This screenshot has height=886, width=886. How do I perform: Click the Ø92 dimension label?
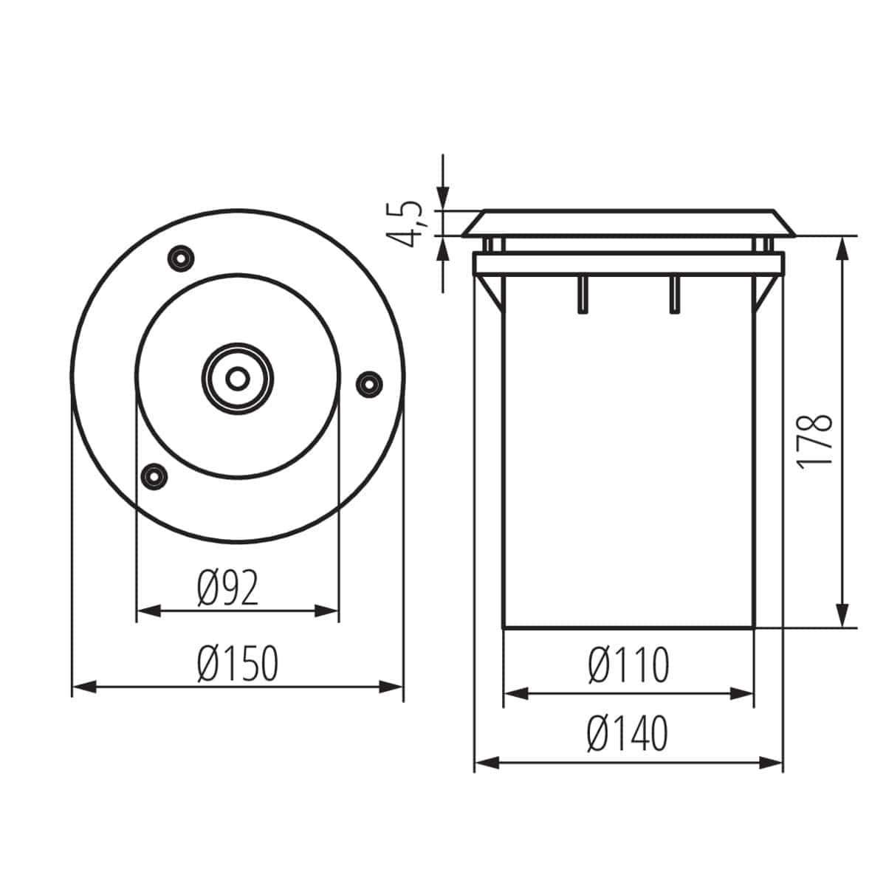[x=228, y=589]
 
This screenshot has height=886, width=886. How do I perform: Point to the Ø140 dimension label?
[x=628, y=733]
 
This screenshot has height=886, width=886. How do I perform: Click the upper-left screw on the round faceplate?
[x=180, y=258]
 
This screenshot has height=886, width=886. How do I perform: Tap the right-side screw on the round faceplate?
[x=368, y=382]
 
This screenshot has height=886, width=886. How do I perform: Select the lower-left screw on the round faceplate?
[x=154, y=475]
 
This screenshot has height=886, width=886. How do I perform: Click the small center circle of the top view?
[x=237, y=378]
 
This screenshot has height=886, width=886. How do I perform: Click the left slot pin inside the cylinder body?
[x=583, y=295]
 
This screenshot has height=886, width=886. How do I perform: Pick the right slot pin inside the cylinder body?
[x=673, y=295]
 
